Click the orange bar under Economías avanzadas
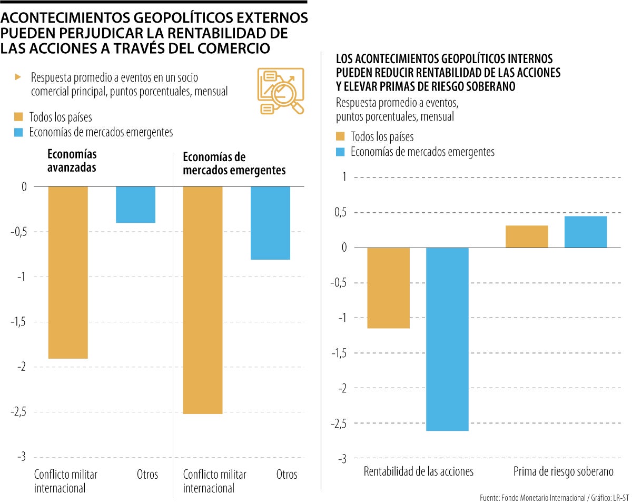click(x=68, y=272)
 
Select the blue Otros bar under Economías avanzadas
click(x=135, y=204)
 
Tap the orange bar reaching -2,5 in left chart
click(x=202, y=300)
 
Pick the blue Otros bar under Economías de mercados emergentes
click(x=270, y=223)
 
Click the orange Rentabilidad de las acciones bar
click(x=388, y=288)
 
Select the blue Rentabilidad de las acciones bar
click(x=447, y=339)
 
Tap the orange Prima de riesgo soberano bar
click(x=527, y=236)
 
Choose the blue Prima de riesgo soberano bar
click(x=586, y=232)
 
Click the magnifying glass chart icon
click(x=280, y=91)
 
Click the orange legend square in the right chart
click(x=340, y=137)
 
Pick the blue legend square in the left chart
click(x=19, y=132)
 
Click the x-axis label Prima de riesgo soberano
click(x=564, y=471)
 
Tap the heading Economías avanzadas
click(x=72, y=161)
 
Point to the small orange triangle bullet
click(x=18, y=77)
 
